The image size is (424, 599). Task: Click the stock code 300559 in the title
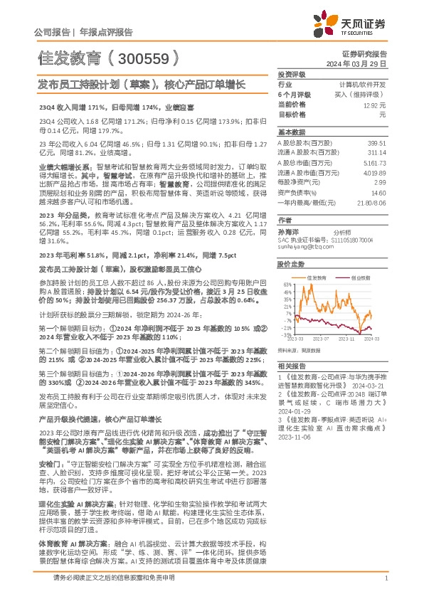tap(142, 56)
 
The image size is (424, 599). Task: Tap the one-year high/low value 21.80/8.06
tap(371, 202)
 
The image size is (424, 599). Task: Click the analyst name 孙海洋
tap(288, 232)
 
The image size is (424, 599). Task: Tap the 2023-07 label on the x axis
tap(321, 341)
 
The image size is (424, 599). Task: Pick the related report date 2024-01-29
tap(292, 410)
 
